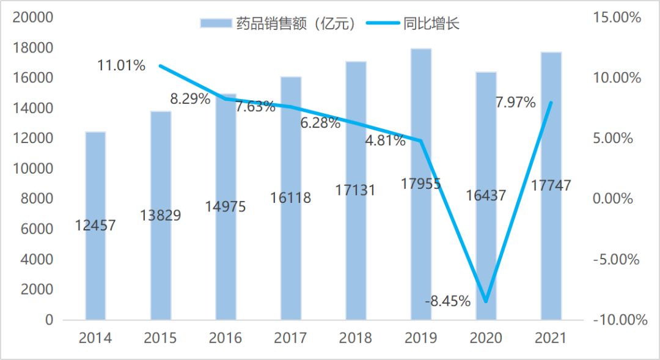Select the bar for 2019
point(421,244)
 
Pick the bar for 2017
point(291,257)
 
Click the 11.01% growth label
point(122,65)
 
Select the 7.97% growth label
point(515,102)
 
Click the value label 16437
point(485,195)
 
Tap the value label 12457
point(95,225)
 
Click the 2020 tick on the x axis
point(486,337)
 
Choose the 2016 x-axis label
point(226,337)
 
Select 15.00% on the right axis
point(617,18)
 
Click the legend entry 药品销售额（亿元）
point(278,24)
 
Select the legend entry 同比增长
point(413,24)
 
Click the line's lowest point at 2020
point(486,301)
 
